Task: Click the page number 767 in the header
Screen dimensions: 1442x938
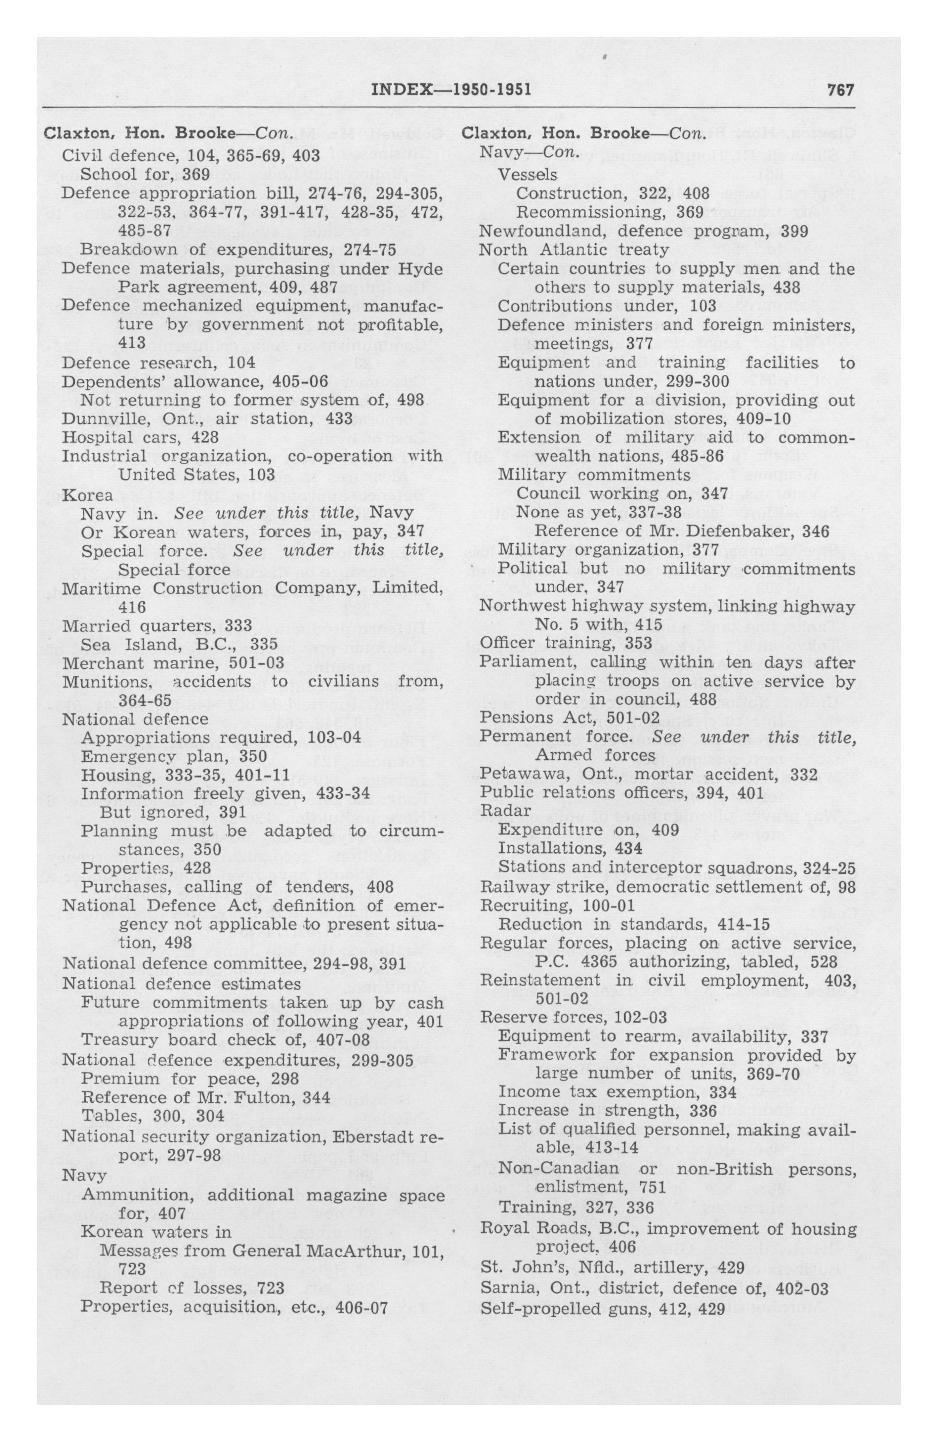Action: [840, 90]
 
